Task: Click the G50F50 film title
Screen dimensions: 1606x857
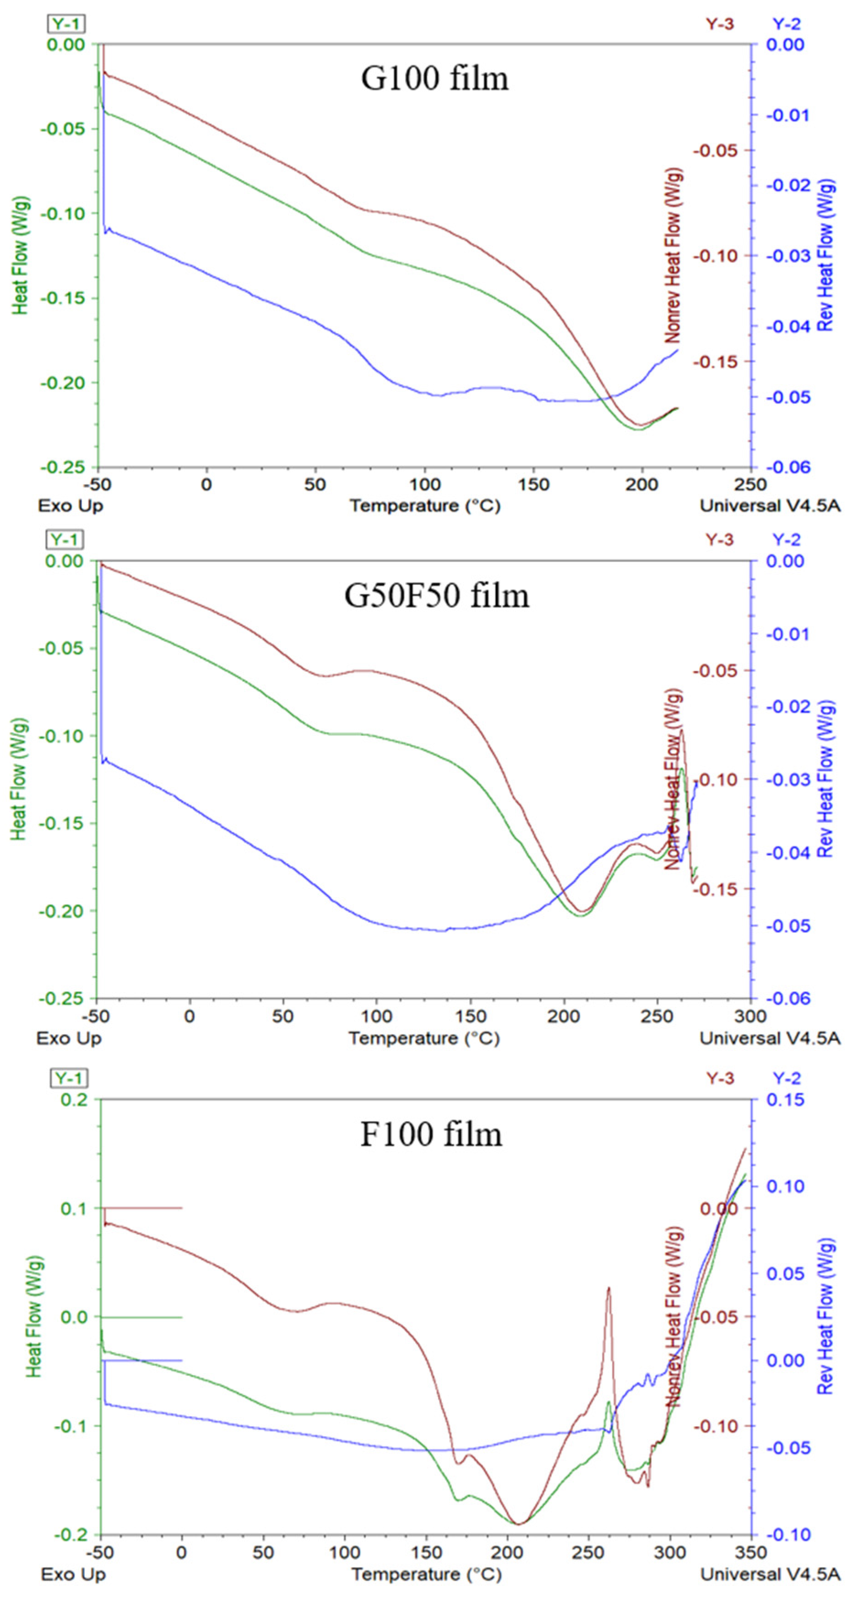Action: [x=437, y=595]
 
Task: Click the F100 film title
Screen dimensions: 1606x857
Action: [x=431, y=1135]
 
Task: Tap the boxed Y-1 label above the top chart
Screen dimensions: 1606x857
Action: [x=67, y=24]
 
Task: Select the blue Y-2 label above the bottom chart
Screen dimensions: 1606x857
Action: [x=786, y=1078]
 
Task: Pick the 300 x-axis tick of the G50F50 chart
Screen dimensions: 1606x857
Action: [x=750, y=1016]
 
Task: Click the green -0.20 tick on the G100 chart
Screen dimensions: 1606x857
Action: [x=62, y=382]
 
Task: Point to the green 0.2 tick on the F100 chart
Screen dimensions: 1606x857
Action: [x=75, y=1099]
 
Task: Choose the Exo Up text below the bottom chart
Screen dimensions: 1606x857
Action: [x=73, y=1574]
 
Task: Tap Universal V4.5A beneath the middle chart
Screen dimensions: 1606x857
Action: [x=770, y=1038]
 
